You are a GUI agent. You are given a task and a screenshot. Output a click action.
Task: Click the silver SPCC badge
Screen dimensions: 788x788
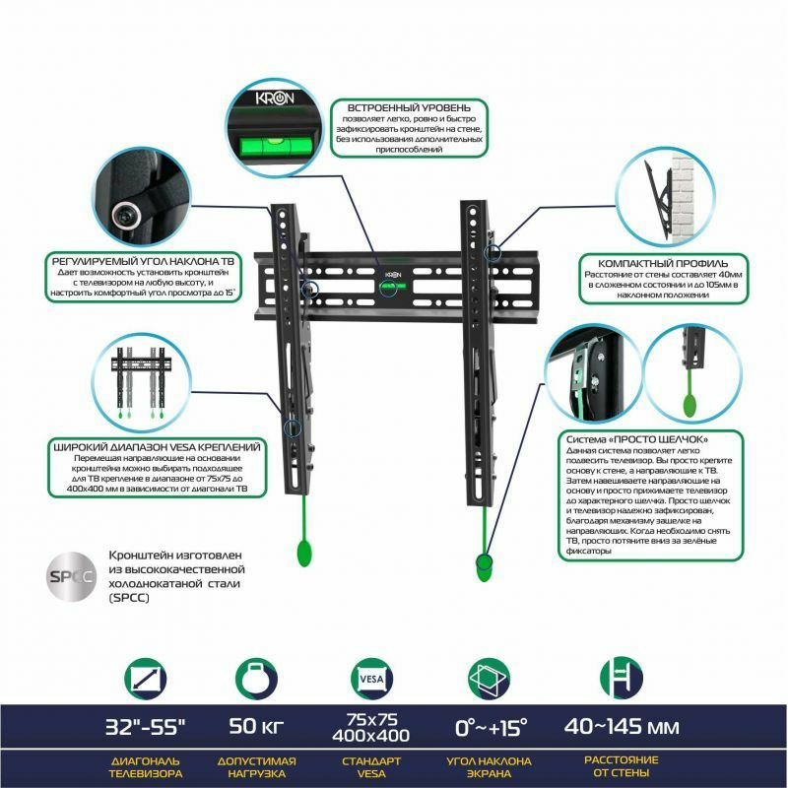tap(72, 576)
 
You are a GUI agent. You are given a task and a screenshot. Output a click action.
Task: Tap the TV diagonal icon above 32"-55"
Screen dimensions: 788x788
tap(145, 679)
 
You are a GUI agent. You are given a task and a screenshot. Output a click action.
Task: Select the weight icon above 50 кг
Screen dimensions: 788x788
tap(256, 679)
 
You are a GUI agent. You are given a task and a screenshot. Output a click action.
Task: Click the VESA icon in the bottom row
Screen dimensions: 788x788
tap(372, 679)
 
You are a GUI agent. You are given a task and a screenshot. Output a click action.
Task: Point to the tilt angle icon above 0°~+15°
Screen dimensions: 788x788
tap(489, 679)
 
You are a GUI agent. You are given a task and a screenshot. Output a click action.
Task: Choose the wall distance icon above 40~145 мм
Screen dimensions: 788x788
tap(622, 678)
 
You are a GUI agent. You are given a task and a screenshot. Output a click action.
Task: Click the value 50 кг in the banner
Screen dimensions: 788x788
tap(256, 726)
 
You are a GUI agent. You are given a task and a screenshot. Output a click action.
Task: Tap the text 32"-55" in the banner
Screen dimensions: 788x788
tap(145, 727)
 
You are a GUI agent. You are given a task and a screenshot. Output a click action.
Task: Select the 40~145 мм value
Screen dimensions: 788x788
tap(622, 726)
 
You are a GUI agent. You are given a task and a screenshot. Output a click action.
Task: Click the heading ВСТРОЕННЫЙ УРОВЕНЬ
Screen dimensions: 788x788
tap(409, 107)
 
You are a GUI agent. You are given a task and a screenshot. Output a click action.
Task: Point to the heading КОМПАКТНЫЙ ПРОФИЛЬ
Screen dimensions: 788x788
tap(663, 263)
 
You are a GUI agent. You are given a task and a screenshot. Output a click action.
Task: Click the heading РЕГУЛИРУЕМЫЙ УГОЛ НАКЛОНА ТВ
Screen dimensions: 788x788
tap(143, 261)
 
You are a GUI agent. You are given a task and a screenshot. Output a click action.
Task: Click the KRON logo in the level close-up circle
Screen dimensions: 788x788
tap(275, 98)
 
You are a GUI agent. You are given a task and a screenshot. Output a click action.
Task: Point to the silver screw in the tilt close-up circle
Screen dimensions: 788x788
tap(125, 214)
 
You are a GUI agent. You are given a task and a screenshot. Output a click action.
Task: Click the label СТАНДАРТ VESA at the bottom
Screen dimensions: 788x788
tap(371, 767)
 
